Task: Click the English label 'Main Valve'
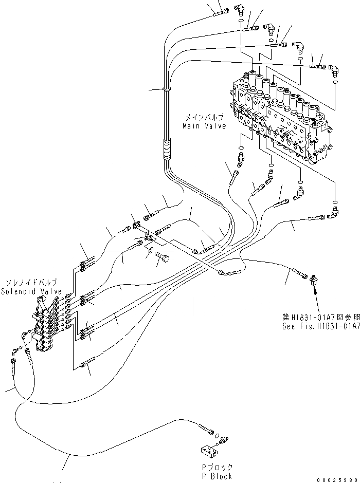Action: coord(205,126)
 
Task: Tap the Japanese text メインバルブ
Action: coord(205,118)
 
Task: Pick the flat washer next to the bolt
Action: coord(150,251)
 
